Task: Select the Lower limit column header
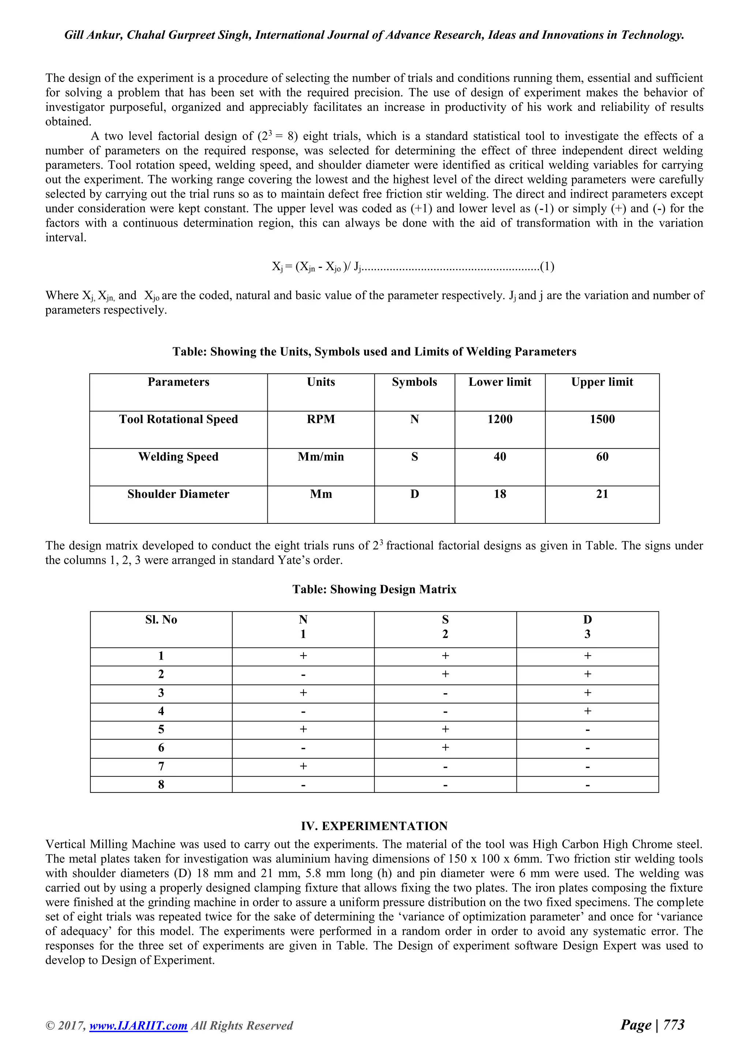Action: tap(500, 382)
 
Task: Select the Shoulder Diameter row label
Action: tap(178, 494)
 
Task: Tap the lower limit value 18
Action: tap(500, 494)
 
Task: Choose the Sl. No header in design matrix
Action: tap(161, 620)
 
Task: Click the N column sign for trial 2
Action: tap(303, 675)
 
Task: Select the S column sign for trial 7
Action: tap(445, 767)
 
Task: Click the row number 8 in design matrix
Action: tap(161, 785)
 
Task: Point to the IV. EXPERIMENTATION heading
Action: tap(374, 826)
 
